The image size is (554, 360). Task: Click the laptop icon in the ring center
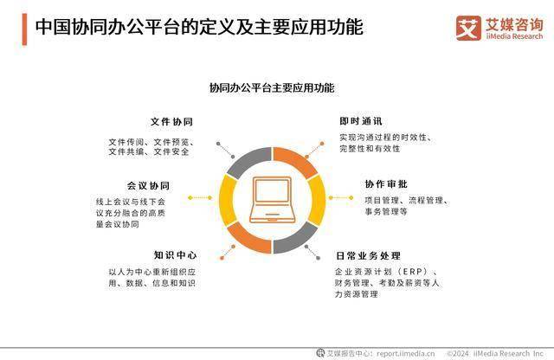tap(272, 200)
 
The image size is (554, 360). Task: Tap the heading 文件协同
tap(171, 122)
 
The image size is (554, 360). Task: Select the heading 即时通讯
tap(361, 121)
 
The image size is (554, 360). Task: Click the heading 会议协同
tap(148, 186)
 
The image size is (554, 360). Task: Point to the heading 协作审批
tap(386, 184)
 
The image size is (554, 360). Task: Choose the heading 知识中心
tap(175, 255)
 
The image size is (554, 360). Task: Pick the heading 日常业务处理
tap(368, 256)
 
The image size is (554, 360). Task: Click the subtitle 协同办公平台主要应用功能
tap(272, 87)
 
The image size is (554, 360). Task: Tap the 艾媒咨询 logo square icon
tap(468, 28)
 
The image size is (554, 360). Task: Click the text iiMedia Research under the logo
tap(514, 36)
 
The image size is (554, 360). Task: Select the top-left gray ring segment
tap(248, 162)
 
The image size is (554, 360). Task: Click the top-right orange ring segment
tap(296, 162)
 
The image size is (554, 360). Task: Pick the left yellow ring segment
tap(226, 200)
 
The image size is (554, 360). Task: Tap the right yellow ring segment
tap(318, 200)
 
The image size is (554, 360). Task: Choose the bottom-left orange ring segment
tap(248, 239)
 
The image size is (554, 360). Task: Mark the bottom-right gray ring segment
tap(296, 239)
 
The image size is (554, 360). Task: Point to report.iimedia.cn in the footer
tap(406, 353)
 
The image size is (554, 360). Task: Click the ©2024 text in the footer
tap(458, 353)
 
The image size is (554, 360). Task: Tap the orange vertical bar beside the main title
tap(24, 29)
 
